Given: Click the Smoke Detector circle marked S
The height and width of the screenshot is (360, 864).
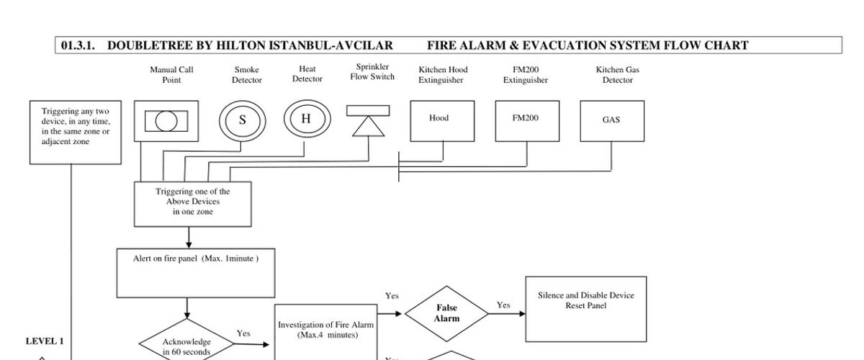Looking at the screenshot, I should coord(243,120).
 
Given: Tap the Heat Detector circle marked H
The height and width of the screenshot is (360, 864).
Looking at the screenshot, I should coord(306,119).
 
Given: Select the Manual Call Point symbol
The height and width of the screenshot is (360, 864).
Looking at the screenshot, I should coord(166,121).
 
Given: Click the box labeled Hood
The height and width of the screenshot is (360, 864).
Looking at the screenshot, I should coord(442,120).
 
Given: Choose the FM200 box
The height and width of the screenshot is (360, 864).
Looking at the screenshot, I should coord(526,120).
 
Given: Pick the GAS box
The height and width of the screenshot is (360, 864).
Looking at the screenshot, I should coord(611,121).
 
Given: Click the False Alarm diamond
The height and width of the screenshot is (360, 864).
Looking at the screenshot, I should coord(446,313).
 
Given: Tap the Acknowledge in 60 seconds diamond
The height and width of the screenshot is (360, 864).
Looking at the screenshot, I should coord(186,346).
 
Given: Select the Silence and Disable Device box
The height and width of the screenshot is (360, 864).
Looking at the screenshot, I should coord(586,308).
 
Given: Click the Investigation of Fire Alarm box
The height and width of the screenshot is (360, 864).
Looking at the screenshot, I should coord(325,330).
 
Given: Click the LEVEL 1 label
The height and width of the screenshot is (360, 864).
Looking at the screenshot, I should coord(45,341).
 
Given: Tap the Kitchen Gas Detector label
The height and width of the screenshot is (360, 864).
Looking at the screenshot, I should coord(617,75).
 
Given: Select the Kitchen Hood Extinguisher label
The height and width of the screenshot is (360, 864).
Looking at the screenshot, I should coord(443,75).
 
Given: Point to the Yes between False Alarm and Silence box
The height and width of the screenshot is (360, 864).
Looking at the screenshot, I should coord(503,305).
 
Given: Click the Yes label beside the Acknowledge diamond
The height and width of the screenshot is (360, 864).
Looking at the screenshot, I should coord(243,333).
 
